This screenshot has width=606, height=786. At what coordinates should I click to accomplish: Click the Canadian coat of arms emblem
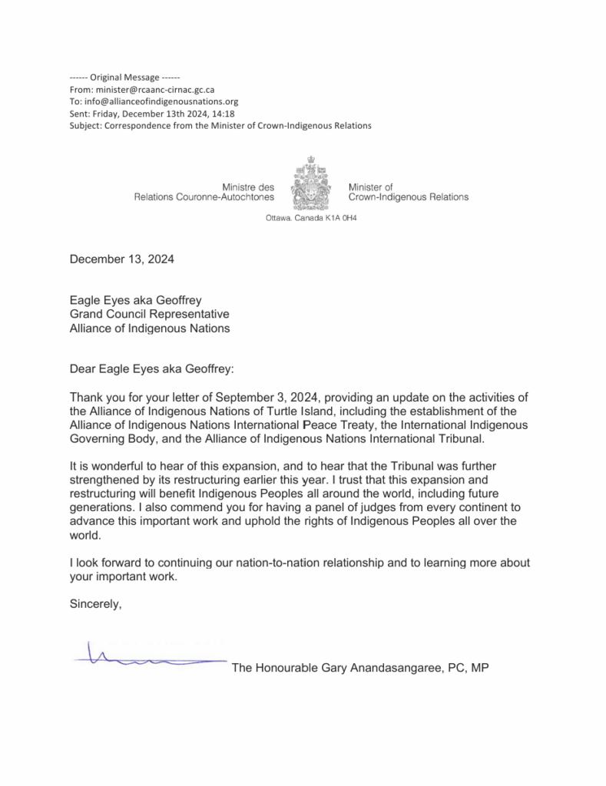[x=310, y=182]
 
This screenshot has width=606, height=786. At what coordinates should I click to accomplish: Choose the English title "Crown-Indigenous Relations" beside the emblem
[x=408, y=197]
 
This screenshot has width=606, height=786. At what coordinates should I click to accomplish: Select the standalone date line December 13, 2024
[x=121, y=259]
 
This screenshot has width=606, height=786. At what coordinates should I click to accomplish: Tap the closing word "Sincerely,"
[x=96, y=604]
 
